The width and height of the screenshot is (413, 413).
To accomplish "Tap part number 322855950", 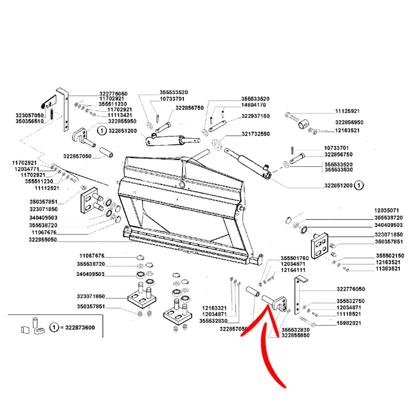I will (x=122, y=121).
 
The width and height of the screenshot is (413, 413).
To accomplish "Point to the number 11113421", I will (x=120, y=116).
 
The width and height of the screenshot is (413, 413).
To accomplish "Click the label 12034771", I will (x=26, y=169).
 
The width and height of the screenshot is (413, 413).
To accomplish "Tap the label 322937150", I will (x=256, y=116).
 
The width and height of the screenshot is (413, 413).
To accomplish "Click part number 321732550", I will (x=256, y=134).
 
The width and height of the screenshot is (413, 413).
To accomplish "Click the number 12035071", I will (x=387, y=211).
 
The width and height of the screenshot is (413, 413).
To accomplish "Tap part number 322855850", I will (x=296, y=335).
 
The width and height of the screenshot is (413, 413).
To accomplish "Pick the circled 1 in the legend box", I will (x=54, y=328).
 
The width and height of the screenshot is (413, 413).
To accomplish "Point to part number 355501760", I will (x=294, y=258).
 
